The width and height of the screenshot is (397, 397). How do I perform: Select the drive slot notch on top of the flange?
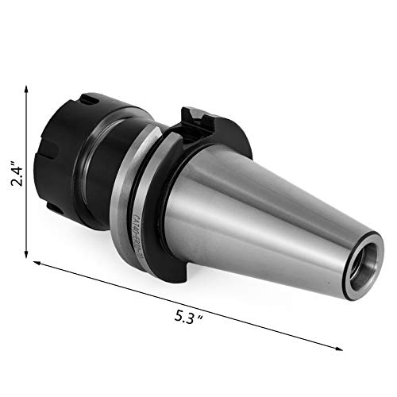195,120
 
